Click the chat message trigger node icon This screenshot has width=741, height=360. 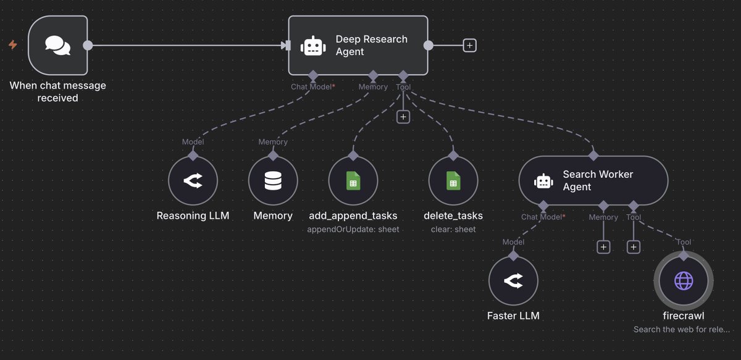tap(57, 45)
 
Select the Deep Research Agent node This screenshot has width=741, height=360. tap(358, 45)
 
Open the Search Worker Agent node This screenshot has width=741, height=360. tap(593, 180)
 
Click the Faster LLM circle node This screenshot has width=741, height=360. tap(513, 281)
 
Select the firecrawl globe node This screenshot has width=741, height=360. tap(684, 281)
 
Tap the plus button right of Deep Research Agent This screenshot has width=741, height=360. tap(470, 45)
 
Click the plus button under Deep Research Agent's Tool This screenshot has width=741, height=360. tap(403, 116)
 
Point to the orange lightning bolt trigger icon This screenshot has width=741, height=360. tap(12, 44)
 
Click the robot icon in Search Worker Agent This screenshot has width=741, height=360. tap(543, 180)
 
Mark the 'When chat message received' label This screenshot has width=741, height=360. tap(57, 91)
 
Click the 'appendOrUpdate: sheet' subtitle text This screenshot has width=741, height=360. tap(353, 229)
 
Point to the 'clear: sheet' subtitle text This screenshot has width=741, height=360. tap(453, 229)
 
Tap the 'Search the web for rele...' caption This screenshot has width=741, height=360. tap(682, 330)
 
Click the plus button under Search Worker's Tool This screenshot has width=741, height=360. tap(633, 247)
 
